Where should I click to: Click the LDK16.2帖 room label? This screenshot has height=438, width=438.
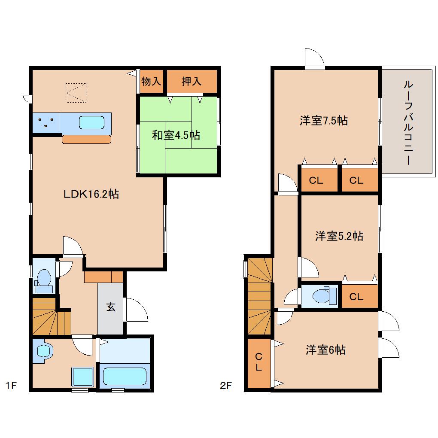(x=91, y=194)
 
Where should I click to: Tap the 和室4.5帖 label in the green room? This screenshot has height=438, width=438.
(x=176, y=135)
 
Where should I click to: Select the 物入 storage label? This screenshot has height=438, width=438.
(x=151, y=82)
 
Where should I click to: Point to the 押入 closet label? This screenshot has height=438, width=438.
(x=192, y=81)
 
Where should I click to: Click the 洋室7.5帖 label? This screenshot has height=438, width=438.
(x=324, y=121)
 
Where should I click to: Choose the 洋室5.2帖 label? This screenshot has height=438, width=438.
(x=339, y=236)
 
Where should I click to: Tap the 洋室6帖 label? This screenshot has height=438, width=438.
(x=325, y=350)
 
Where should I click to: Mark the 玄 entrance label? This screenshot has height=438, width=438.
(x=111, y=307)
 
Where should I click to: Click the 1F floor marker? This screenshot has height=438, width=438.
(x=11, y=386)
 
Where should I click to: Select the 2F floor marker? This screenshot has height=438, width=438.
(x=226, y=386)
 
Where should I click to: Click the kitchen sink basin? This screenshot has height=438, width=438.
(x=91, y=123)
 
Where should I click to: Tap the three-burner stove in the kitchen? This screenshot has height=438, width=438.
(x=46, y=123)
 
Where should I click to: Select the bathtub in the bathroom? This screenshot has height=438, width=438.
(x=125, y=376)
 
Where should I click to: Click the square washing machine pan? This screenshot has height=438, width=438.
(x=83, y=377)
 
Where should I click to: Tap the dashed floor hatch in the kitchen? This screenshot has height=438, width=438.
(x=76, y=93)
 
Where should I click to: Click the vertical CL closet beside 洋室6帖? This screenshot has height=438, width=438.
(x=259, y=363)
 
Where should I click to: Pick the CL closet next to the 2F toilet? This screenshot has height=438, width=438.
(x=360, y=296)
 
